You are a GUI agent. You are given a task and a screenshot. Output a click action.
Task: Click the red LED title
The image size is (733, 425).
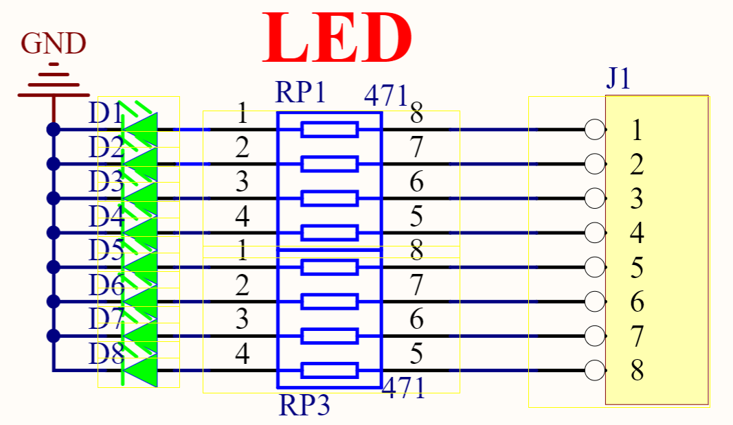337,38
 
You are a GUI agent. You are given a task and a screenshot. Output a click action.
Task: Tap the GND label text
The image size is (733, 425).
54,44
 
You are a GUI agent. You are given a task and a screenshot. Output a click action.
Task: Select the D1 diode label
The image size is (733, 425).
105,113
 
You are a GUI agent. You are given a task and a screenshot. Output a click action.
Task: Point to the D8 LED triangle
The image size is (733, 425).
141,370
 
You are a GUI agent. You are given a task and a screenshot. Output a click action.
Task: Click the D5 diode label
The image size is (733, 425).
105,251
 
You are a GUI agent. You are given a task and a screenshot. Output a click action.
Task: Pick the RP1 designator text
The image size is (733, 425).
300,92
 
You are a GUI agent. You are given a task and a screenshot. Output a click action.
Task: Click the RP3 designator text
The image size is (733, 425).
304,406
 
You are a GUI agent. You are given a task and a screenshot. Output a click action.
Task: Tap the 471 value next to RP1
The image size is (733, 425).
386,97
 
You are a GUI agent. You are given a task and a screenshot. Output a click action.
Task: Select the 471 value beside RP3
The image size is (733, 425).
404,389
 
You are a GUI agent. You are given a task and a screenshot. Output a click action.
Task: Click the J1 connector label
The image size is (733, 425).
618,80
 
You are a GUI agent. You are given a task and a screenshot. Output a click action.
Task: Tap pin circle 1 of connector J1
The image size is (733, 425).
595,129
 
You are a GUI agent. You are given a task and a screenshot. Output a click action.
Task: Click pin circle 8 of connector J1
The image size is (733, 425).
595,371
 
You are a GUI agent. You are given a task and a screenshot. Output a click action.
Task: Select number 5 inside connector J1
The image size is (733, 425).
637,268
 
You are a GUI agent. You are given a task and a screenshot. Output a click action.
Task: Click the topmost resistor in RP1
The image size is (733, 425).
330,129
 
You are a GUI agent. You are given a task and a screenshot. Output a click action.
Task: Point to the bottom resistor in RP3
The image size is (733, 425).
330,371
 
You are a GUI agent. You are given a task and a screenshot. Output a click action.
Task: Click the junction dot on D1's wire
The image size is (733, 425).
54,129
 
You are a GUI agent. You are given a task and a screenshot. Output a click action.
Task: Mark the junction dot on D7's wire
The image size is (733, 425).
54,336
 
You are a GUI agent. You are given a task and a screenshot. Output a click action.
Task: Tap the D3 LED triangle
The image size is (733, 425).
141,198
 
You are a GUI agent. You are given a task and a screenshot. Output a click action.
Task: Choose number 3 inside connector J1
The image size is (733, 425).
637,199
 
